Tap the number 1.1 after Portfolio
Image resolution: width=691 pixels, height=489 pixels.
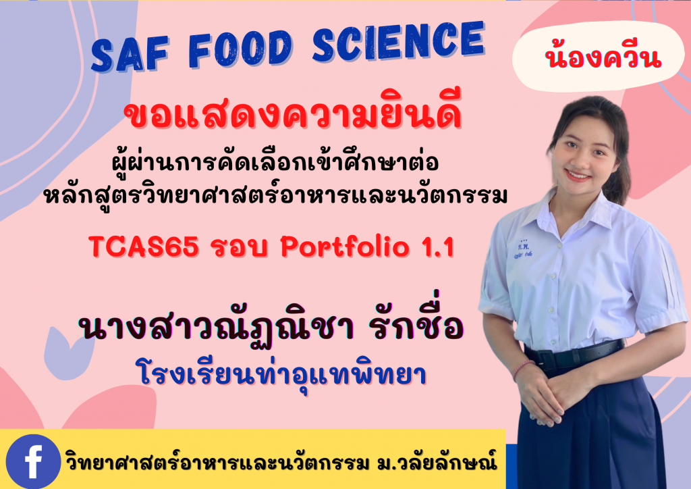click(432, 248)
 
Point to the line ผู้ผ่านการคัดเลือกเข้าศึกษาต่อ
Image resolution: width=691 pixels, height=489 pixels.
click(274, 165)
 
